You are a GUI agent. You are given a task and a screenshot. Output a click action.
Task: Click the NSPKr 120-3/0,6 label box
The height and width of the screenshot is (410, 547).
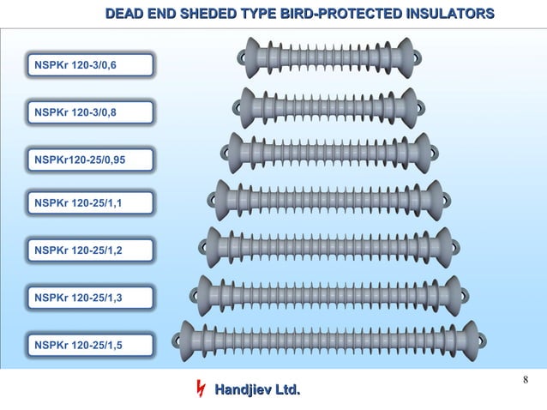(x=89, y=65)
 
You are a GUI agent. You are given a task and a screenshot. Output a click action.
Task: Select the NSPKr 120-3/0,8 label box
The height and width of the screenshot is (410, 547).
(x=89, y=112)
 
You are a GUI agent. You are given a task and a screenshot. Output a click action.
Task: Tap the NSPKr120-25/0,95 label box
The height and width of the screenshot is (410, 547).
(x=89, y=159)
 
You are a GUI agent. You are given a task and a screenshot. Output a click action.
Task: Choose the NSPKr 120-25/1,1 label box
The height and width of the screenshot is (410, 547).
(x=89, y=204)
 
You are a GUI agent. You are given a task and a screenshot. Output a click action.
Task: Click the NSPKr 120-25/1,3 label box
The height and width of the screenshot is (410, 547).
(x=89, y=298)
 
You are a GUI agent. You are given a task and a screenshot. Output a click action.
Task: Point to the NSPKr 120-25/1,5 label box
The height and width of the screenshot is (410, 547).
(x=89, y=345)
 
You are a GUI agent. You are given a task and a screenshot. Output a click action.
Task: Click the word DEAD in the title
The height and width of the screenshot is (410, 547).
(x=126, y=14)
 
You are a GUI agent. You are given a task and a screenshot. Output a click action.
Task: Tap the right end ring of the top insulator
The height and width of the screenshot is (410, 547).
(x=418, y=58)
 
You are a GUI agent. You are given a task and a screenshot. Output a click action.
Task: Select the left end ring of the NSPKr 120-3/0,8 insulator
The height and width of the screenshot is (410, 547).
(x=236, y=107)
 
